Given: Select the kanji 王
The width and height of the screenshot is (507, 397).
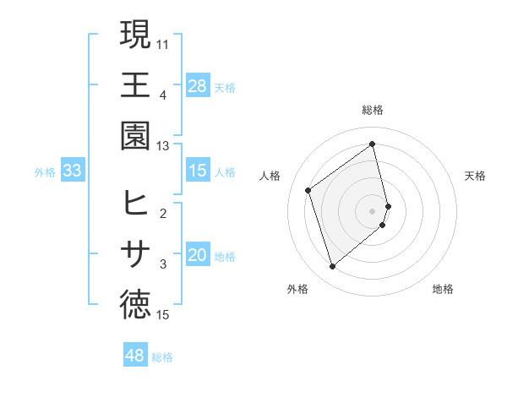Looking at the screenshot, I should click(x=135, y=85).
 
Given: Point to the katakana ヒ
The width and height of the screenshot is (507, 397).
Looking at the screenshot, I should click(x=135, y=204).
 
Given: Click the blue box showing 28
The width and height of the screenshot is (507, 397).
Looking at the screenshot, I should click(x=198, y=85).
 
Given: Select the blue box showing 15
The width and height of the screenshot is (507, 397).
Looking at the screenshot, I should click(x=198, y=171).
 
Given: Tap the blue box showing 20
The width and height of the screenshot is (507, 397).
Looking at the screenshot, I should click(x=198, y=255).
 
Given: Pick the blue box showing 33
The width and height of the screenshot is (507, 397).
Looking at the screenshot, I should click(x=73, y=171).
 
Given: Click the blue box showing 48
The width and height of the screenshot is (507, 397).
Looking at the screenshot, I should click(x=135, y=356).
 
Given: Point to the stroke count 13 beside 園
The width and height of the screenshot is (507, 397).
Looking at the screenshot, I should click(x=163, y=146).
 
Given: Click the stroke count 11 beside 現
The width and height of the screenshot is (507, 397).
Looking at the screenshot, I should click(x=163, y=42).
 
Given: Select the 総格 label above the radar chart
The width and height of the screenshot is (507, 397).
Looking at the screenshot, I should click(x=373, y=110).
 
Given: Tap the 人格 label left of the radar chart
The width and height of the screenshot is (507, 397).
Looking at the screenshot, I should click(x=270, y=176).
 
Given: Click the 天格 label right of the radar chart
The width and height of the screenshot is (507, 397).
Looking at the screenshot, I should click(x=476, y=176).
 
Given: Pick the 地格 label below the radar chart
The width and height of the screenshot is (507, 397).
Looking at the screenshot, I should click(x=443, y=289).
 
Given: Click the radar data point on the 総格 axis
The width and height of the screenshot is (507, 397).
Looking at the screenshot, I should click(x=373, y=144).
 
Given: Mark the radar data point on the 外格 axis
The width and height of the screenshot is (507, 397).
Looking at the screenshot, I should click(x=333, y=267).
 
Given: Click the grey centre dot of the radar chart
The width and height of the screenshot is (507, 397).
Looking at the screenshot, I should click(x=373, y=209).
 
